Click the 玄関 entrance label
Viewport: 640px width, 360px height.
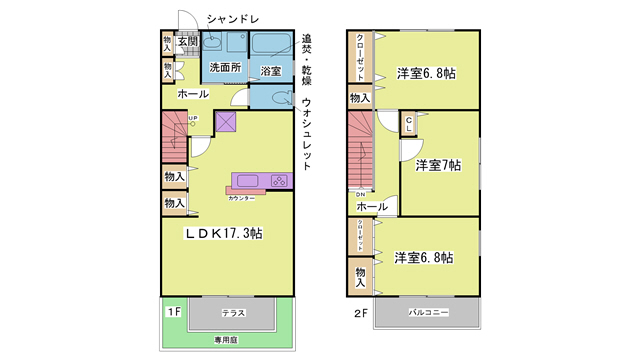coord(189,41)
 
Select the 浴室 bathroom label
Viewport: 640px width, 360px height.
coord(270,71)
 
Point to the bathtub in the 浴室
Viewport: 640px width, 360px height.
coord(270,46)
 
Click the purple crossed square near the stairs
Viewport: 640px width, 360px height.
coord(224,123)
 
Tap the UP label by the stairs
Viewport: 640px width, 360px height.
coord(193,119)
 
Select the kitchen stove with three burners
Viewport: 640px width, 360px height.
coord(279,181)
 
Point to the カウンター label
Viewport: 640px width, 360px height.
coord(240,198)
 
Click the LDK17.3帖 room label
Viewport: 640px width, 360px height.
coord(223,233)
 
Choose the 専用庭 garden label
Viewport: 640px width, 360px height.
coord(229,341)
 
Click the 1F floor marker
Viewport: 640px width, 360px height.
coord(172,312)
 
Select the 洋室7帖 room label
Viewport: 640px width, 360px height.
coord(438,164)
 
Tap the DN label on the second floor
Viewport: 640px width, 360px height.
coord(360,194)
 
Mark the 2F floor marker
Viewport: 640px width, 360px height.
coord(360,312)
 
